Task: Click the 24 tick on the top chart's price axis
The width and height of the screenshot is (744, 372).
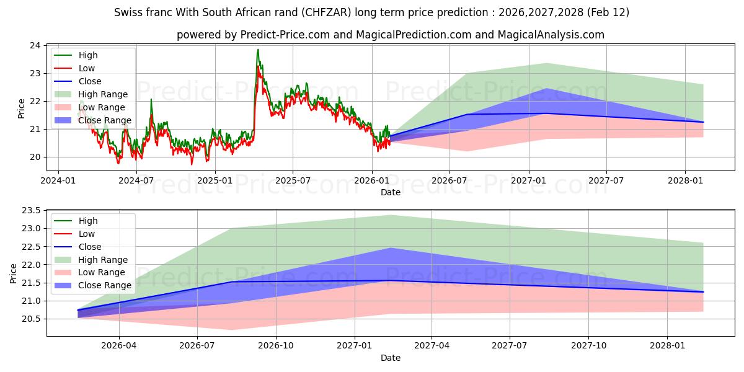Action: coord(35,46)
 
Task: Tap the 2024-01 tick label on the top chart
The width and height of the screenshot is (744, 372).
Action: coord(58,180)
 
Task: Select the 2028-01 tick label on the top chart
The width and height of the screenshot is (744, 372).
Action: coord(685,180)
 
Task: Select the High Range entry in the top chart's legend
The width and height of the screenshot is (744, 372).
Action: coord(101,94)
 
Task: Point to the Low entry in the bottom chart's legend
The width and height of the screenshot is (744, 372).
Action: coord(87,234)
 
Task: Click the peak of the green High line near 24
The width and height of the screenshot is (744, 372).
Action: coord(258,50)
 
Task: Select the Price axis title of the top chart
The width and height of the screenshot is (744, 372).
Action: coord(22,108)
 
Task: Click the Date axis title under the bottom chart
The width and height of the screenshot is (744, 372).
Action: coord(390,358)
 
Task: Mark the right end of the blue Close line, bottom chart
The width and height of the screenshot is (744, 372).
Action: coord(703,292)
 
